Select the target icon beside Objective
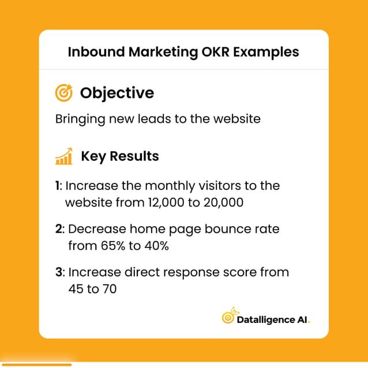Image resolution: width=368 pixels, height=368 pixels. click(x=63, y=93)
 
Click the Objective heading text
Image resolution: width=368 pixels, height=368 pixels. click(x=117, y=93)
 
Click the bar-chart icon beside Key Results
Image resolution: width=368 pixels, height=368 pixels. click(x=63, y=156)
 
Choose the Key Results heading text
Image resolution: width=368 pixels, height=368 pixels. click(x=119, y=156)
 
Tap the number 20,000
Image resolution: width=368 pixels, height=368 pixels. click(x=221, y=202)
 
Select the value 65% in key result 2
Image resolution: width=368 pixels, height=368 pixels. click(x=112, y=245)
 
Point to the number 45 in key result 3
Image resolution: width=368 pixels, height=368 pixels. click(x=76, y=288)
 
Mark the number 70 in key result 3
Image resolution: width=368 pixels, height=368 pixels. click(x=108, y=288)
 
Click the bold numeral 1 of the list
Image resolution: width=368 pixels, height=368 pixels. click(x=58, y=186)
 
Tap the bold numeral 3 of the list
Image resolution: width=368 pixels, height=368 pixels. click(x=59, y=272)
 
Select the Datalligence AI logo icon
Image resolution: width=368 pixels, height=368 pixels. click(x=228, y=317)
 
